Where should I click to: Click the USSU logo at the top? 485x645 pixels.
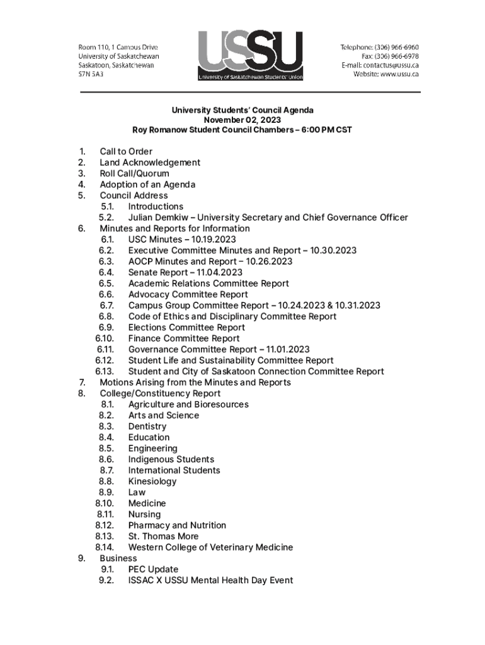pyautogui.click(x=250, y=55)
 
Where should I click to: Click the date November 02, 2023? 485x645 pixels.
pyautogui.click(x=242, y=120)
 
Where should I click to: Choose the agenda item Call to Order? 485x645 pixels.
pyautogui.click(x=126, y=151)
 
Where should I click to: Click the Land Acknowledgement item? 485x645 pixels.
pyautogui.click(x=150, y=163)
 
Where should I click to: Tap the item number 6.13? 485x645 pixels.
pyautogui.click(x=105, y=372)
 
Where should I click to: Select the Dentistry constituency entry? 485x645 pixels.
pyautogui.click(x=147, y=426)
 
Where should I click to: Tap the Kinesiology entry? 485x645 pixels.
pyautogui.click(x=152, y=481)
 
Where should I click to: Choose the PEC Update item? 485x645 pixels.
pyautogui.click(x=153, y=569)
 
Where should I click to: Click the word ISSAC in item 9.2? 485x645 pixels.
pyautogui.click(x=142, y=580)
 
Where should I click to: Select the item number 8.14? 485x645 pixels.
pyautogui.click(x=105, y=547)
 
